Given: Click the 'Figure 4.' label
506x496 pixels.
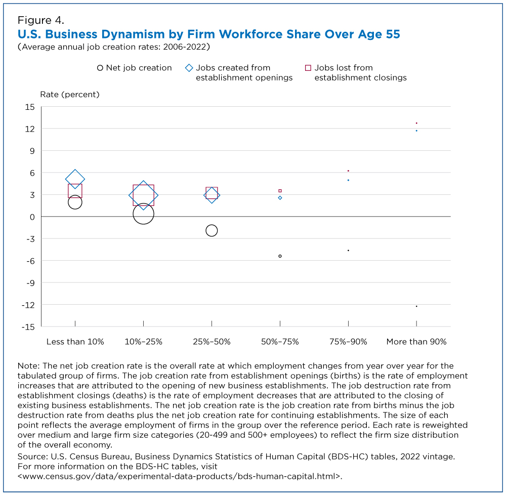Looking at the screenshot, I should click(x=40, y=21).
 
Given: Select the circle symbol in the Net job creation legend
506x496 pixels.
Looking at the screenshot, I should click(x=100, y=68).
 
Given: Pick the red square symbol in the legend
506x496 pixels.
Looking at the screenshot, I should click(x=307, y=68).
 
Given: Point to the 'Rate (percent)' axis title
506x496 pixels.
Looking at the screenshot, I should click(x=70, y=94).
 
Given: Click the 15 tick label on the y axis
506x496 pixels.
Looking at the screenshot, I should click(x=29, y=107).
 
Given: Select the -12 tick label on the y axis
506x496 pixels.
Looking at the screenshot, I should click(x=27, y=305).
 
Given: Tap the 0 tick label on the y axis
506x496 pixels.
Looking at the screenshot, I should click(x=31, y=217).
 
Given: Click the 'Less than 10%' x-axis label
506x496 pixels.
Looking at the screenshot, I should click(x=75, y=342).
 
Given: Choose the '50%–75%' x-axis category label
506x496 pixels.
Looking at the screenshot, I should click(x=280, y=342).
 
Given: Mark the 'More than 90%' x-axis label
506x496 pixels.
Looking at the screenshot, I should click(x=416, y=342).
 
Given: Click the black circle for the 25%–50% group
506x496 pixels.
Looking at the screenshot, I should click(x=212, y=230).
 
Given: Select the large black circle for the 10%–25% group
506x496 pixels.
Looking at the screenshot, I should click(x=143, y=214).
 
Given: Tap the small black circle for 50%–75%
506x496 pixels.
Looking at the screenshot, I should click(x=280, y=256).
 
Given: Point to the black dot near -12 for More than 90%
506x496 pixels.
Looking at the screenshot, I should click(x=416, y=306).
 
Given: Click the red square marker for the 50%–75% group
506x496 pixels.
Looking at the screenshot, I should click(x=280, y=191).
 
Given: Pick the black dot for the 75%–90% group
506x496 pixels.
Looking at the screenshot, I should click(x=348, y=251).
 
